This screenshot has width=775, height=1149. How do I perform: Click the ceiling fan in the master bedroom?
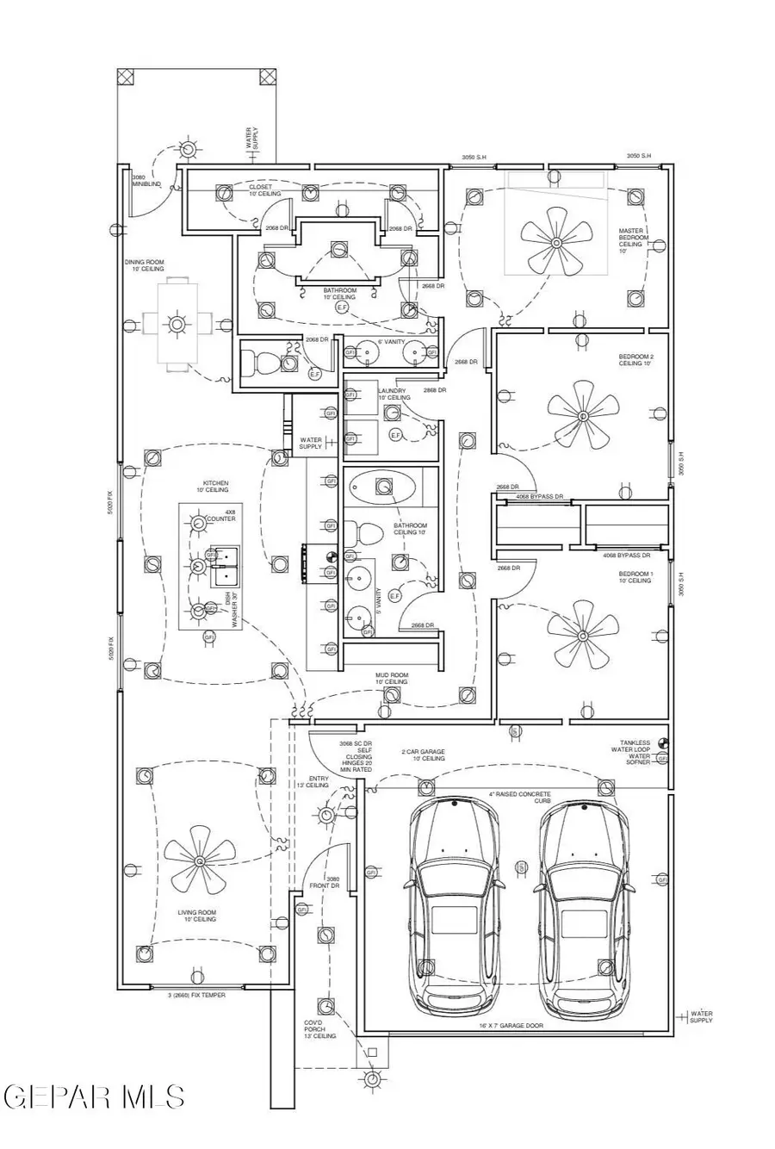[556, 243]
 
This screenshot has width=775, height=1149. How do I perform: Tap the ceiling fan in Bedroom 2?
[583, 418]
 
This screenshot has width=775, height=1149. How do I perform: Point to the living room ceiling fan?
[200, 860]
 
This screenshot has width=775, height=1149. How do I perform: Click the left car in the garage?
[453, 905]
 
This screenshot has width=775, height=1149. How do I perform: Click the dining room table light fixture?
[177, 324]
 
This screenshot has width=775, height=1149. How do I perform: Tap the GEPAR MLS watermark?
[93, 1096]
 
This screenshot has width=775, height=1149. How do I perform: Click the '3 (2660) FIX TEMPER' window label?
[196, 995]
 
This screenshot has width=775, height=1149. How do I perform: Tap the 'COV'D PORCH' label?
[313, 1029]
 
